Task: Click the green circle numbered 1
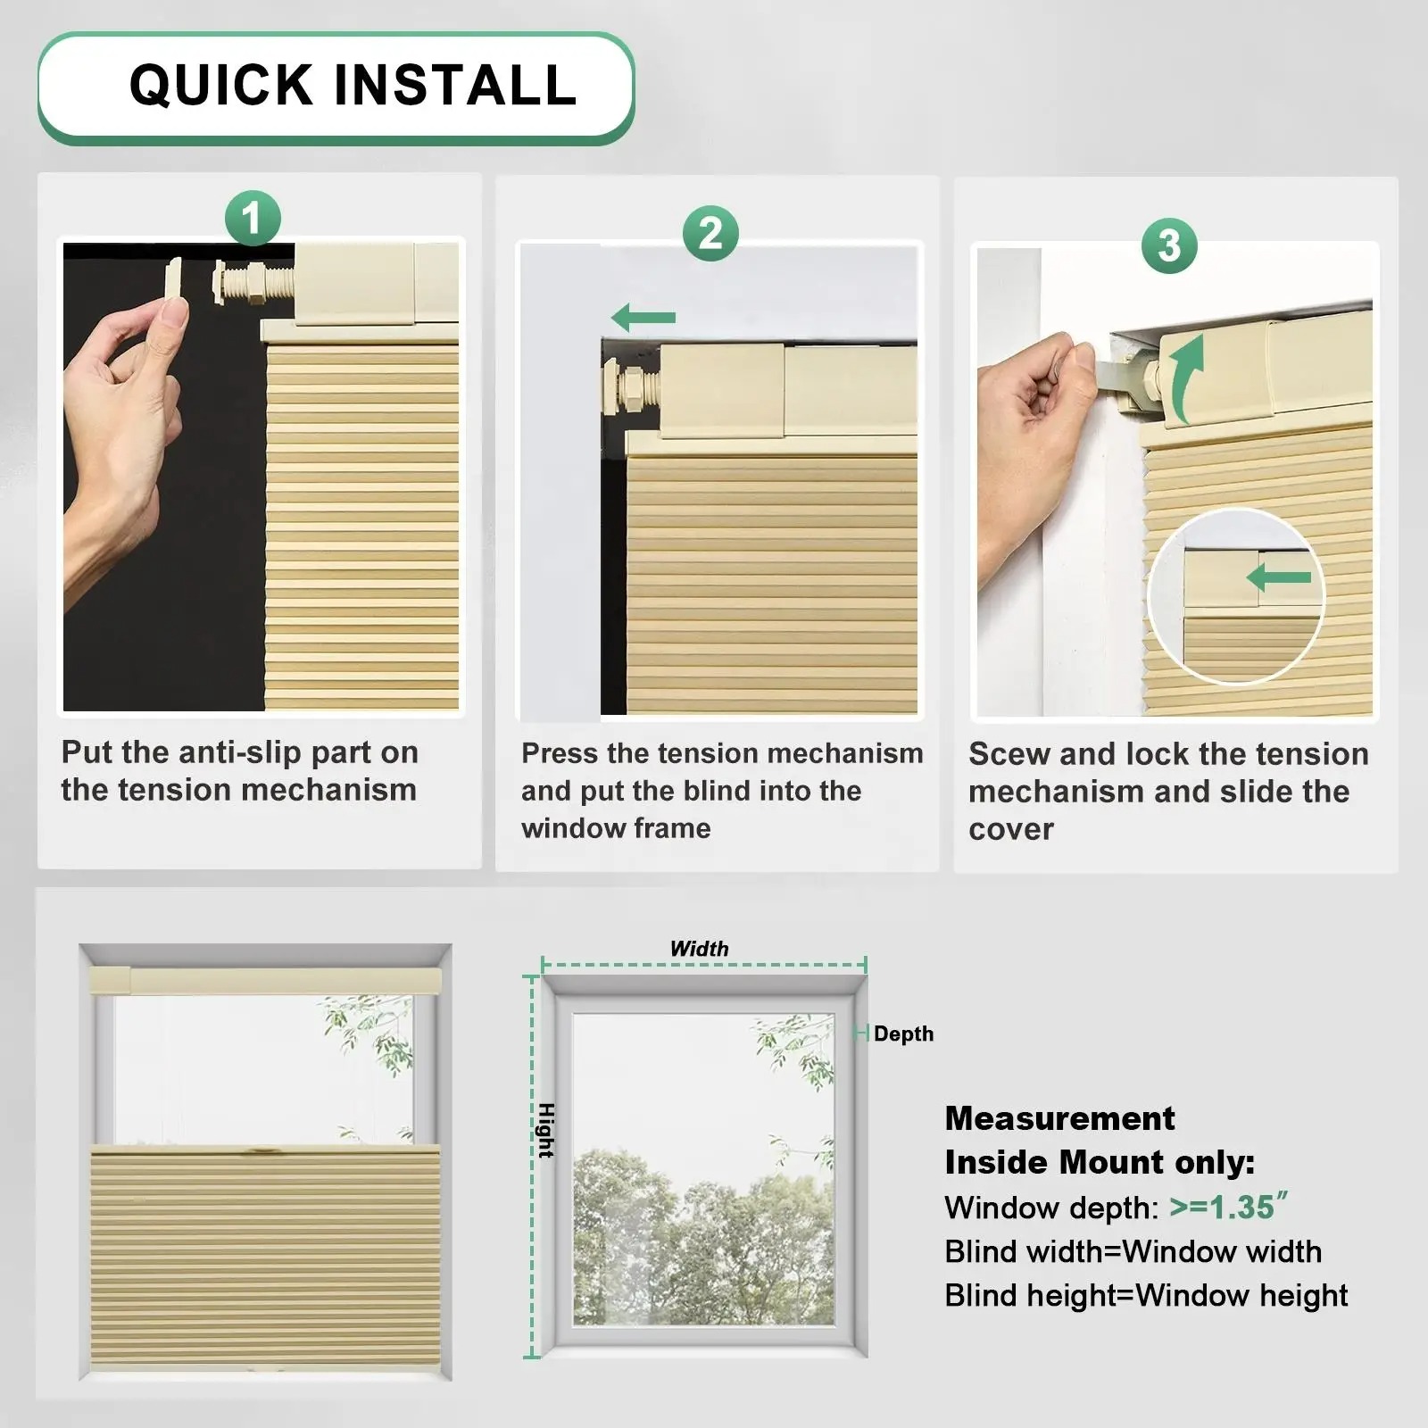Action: coord(253,219)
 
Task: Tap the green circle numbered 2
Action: coord(710,234)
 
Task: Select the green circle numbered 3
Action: coord(1169,245)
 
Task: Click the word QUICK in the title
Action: coord(220,86)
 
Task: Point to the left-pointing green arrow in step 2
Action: coord(643,317)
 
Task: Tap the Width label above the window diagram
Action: coord(699,949)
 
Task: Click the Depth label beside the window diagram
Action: coord(903,1034)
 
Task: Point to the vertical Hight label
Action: coord(546,1131)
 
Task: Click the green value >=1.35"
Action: coord(1228,1207)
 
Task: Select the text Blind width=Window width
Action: coord(1133,1251)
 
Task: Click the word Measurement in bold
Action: coord(1059,1118)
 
